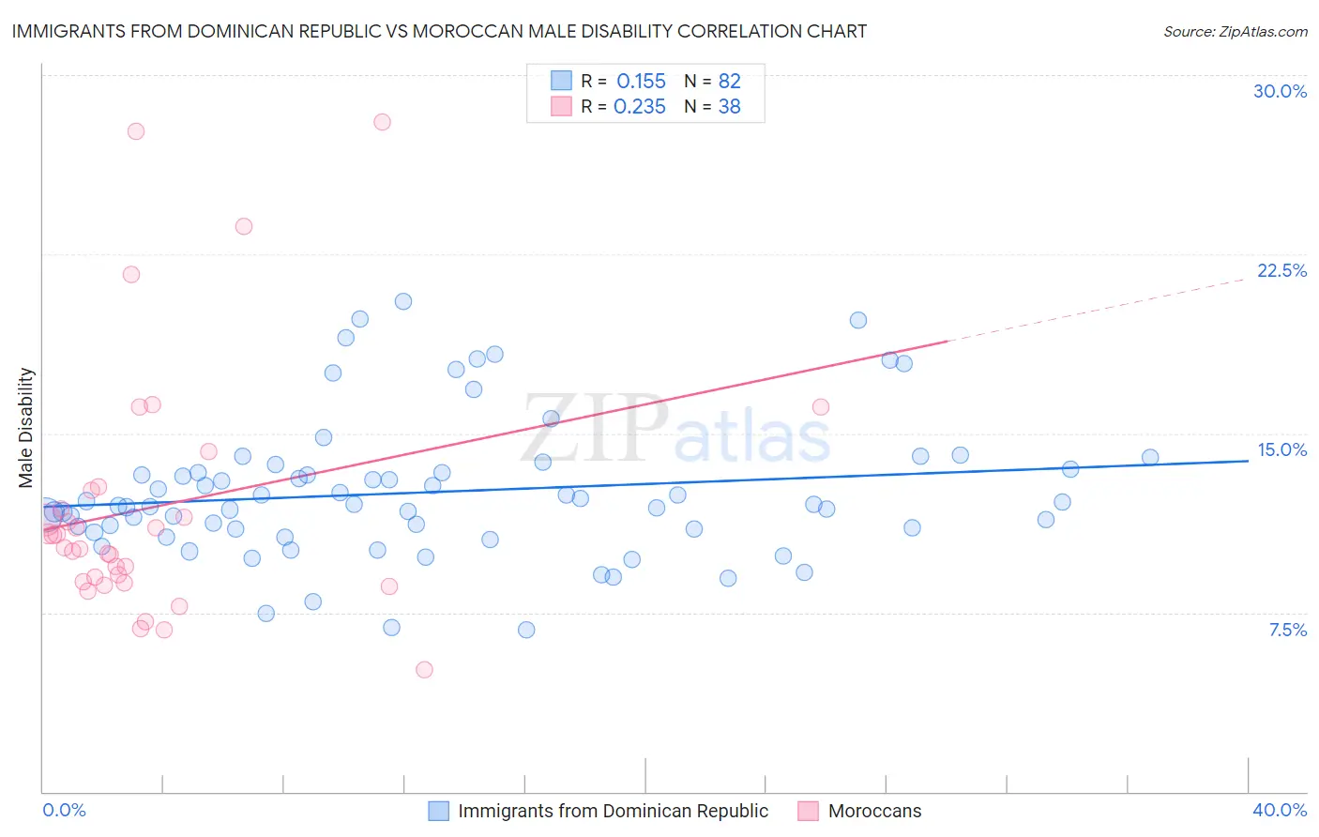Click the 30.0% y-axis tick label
(1280, 91)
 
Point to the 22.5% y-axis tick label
(1281, 270)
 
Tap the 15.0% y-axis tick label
(1281, 449)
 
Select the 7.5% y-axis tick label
(1287, 630)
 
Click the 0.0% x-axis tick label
(65, 810)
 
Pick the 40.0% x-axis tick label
(1280, 810)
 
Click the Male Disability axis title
(26, 427)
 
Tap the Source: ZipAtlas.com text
(1235, 31)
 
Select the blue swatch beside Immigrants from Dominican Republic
(438, 811)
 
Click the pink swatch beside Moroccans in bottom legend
(808, 811)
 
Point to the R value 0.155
(641, 82)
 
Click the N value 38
(729, 107)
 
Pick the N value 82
(729, 82)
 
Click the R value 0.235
(639, 107)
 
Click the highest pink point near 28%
(382, 122)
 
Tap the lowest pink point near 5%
(424, 670)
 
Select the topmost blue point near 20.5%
(403, 301)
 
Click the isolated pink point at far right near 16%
(821, 407)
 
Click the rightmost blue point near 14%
(1150, 458)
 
